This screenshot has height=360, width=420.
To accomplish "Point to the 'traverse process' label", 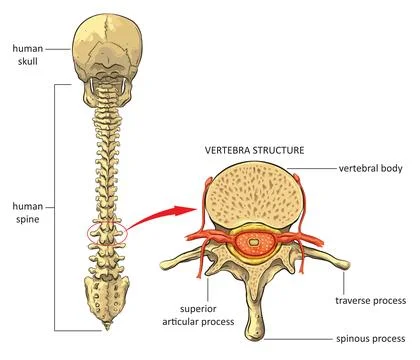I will pos(371,298).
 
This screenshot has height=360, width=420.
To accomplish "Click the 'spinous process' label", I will pos(372,337).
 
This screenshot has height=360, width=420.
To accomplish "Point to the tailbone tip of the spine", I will pos(104,329).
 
